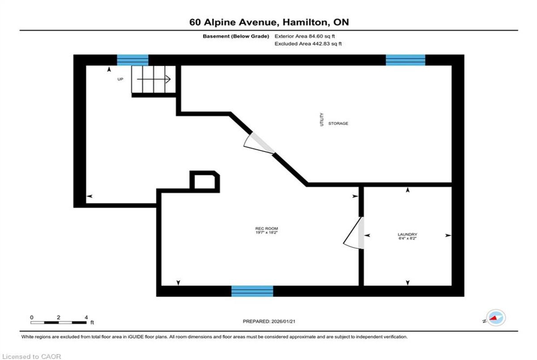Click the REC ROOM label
[x=266, y=229]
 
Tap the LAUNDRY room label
[x=407, y=234]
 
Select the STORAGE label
[x=338, y=123]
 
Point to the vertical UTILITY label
[x=322, y=119]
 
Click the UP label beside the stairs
[x=120, y=79]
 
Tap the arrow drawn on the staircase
[x=153, y=79]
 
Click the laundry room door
[x=354, y=233]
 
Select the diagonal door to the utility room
[x=260, y=143]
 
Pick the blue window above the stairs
[x=132, y=60]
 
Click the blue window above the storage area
[x=405, y=60]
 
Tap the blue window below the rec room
[x=252, y=291]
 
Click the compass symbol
[x=496, y=318]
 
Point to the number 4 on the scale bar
[x=86, y=318]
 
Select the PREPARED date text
[x=269, y=322]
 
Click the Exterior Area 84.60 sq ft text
[x=305, y=36]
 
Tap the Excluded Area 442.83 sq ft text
[x=308, y=43]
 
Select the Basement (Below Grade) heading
[x=236, y=36]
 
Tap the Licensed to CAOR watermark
[x=31, y=356]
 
